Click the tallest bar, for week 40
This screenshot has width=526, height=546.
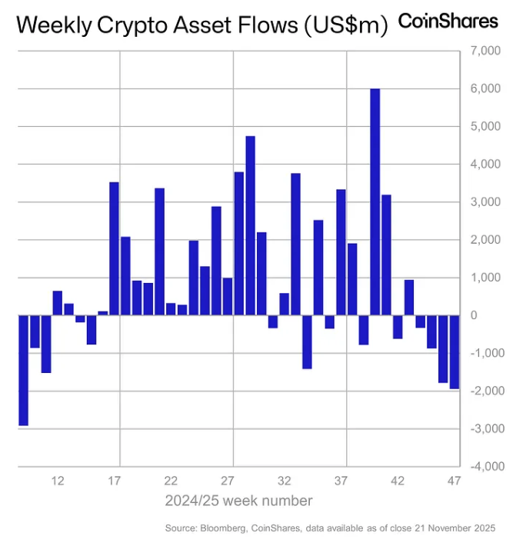[x=375, y=201]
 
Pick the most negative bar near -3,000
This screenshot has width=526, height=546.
[x=23, y=370]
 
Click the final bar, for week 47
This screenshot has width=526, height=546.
[x=454, y=351]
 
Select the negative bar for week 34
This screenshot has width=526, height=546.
[x=307, y=341]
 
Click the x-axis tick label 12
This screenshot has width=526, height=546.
[x=57, y=481]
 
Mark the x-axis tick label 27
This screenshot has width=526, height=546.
[x=228, y=481]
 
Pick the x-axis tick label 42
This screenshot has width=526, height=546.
[x=398, y=481]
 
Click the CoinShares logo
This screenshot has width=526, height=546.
[x=448, y=21]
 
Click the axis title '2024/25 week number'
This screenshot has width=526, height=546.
[x=238, y=501]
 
